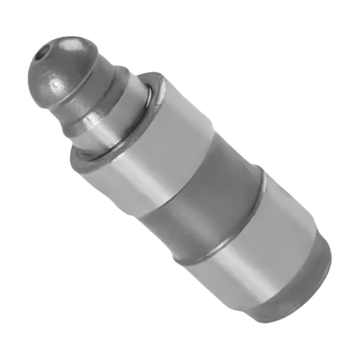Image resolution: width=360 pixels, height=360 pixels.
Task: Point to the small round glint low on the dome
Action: click(x=55, y=84)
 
